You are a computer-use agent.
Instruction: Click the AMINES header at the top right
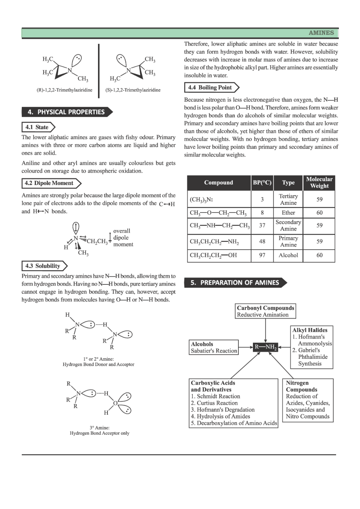321,33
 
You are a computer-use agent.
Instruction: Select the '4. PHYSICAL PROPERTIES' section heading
66,112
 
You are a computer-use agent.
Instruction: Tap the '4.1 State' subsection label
37,127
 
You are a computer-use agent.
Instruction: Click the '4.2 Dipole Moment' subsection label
49,183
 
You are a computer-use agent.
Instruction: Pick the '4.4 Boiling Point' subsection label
210,87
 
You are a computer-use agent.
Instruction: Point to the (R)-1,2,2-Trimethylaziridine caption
65,90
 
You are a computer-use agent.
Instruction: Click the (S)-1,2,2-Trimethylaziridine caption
133,90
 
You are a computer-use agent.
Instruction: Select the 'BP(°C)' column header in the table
262,182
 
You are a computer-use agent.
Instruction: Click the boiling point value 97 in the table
262,255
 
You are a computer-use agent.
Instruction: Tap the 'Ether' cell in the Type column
288,213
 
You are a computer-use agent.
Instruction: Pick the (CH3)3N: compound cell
201,200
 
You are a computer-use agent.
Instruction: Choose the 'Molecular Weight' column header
319,182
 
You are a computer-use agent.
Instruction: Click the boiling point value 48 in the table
262,241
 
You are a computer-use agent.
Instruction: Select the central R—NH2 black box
266,347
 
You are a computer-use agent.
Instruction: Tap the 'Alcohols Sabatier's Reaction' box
214,348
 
